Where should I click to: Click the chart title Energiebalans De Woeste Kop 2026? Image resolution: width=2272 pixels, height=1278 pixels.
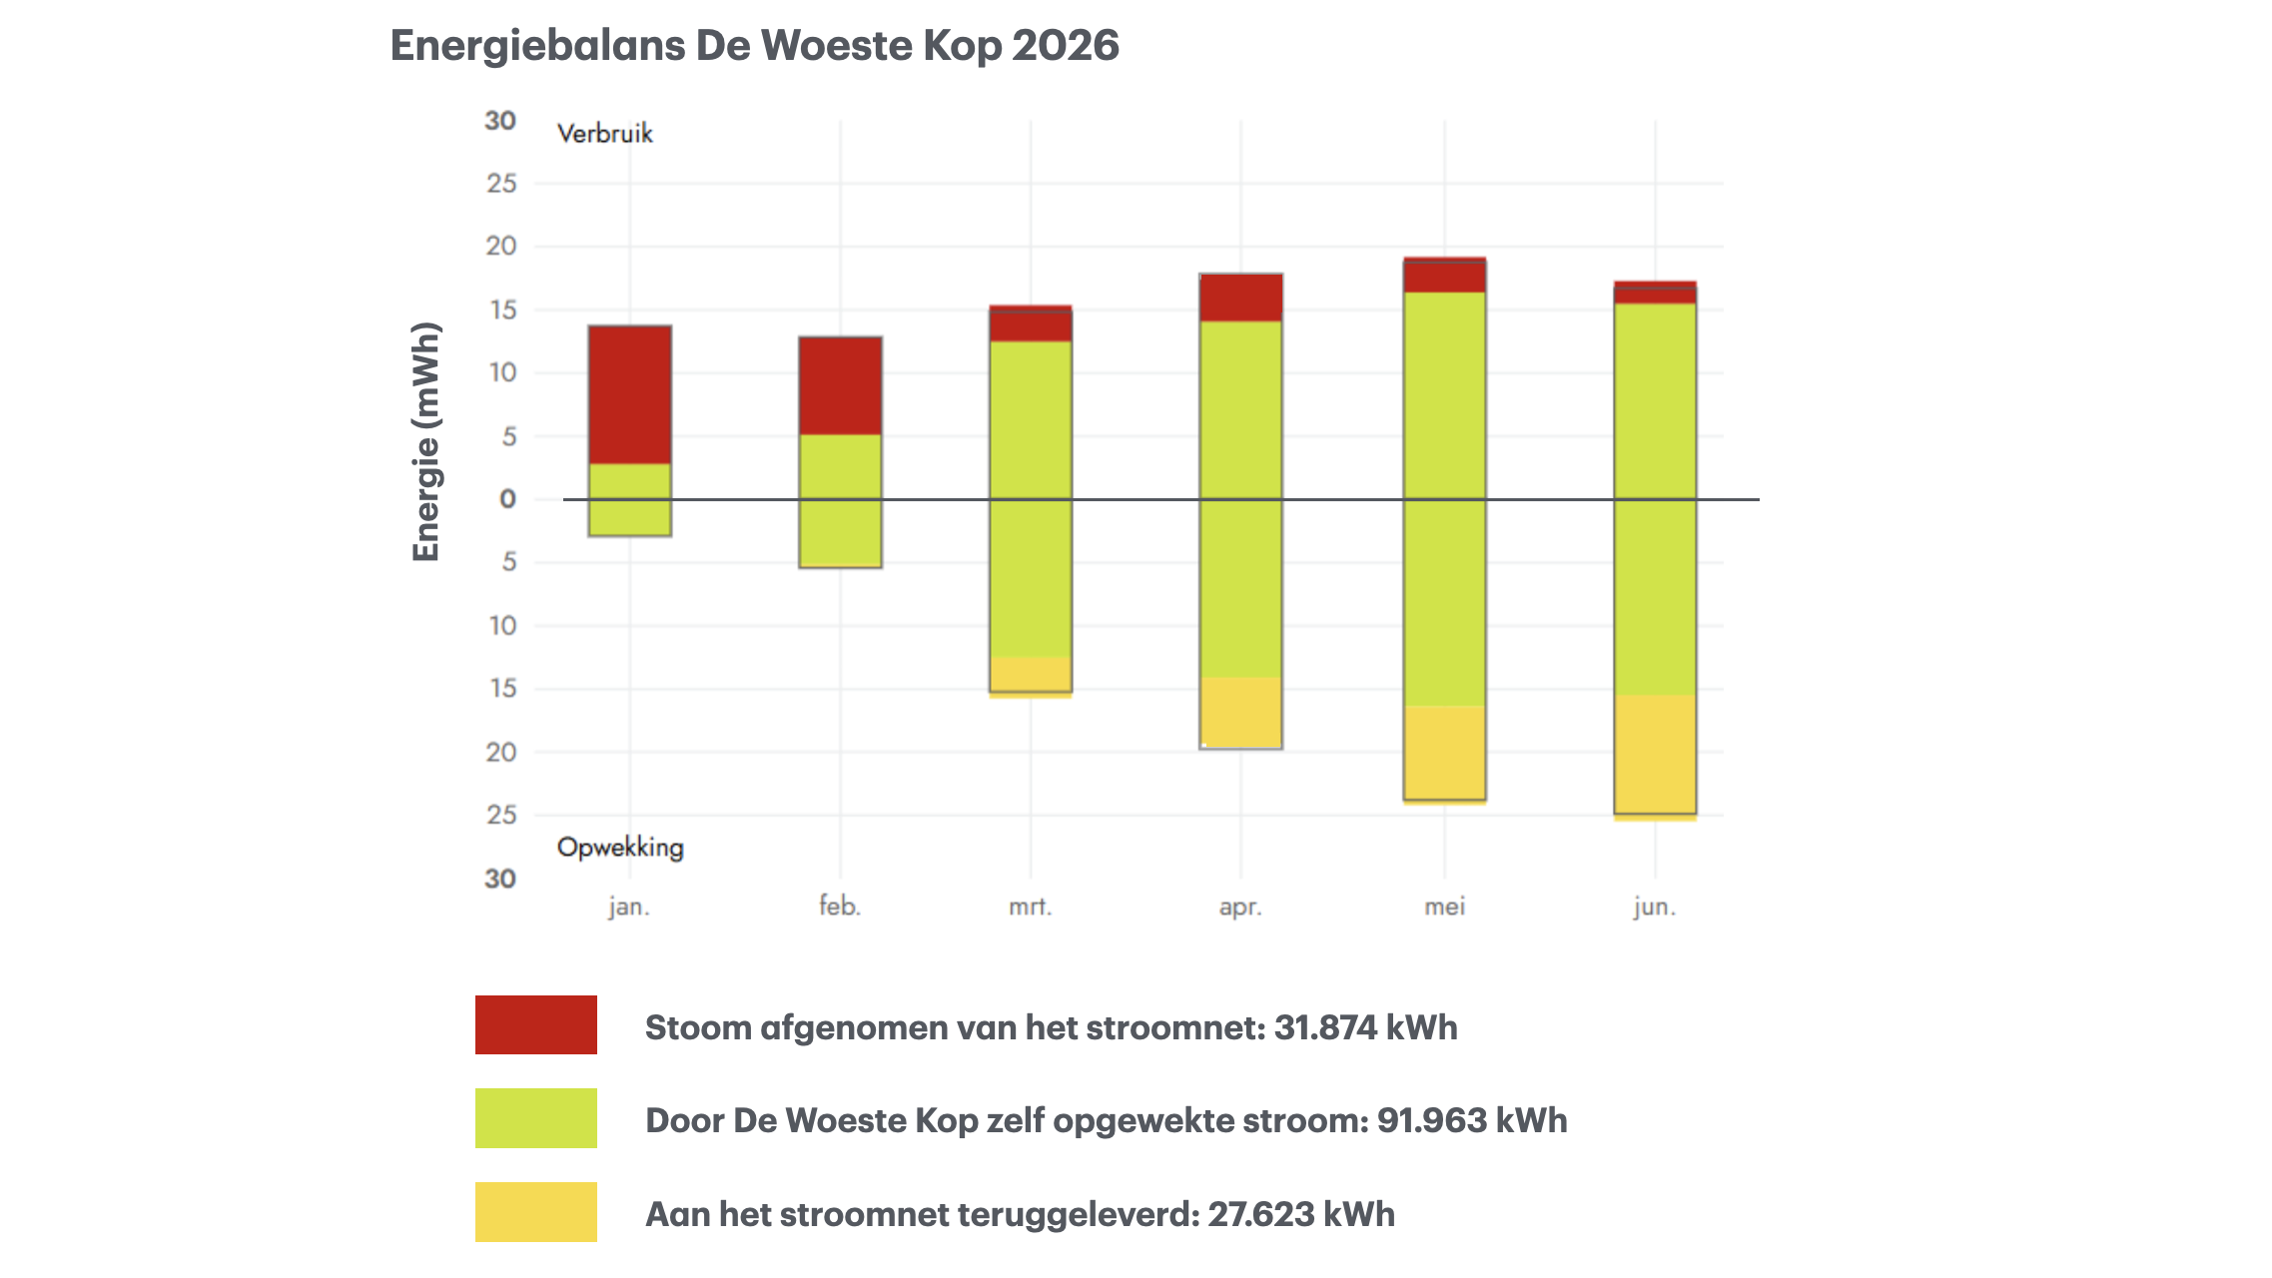[754, 46]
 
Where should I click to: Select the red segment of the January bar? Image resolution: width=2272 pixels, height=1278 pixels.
[629, 394]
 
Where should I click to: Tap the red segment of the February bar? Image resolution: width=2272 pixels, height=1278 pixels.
[840, 385]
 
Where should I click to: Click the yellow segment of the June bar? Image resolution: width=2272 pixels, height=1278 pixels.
[1655, 758]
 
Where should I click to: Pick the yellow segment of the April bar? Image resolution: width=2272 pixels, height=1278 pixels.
[1240, 713]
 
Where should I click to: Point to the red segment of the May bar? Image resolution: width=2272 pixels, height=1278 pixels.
[1444, 275]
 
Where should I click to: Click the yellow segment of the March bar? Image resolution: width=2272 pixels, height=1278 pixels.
[1031, 677]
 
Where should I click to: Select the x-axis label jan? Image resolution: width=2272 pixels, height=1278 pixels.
[629, 907]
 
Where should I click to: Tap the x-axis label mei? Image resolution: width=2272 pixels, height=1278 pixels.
[1444, 907]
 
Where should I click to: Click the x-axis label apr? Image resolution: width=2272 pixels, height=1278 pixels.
[1240, 908]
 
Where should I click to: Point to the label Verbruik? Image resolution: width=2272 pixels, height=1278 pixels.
[605, 134]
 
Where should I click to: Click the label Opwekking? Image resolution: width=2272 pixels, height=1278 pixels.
[620, 848]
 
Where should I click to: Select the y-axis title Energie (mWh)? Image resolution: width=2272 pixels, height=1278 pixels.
[426, 441]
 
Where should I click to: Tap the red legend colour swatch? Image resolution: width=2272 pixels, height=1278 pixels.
[536, 1024]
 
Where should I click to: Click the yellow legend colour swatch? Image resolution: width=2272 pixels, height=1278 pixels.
[536, 1212]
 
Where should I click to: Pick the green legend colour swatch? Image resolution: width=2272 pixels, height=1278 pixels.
[536, 1118]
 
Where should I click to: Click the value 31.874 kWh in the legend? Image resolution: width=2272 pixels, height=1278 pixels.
[1365, 1027]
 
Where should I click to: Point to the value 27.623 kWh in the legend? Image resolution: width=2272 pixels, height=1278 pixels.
[1301, 1214]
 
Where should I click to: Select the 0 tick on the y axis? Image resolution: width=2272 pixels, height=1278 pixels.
[507, 499]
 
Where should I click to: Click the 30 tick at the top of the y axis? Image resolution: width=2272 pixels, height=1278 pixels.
[500, 121]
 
